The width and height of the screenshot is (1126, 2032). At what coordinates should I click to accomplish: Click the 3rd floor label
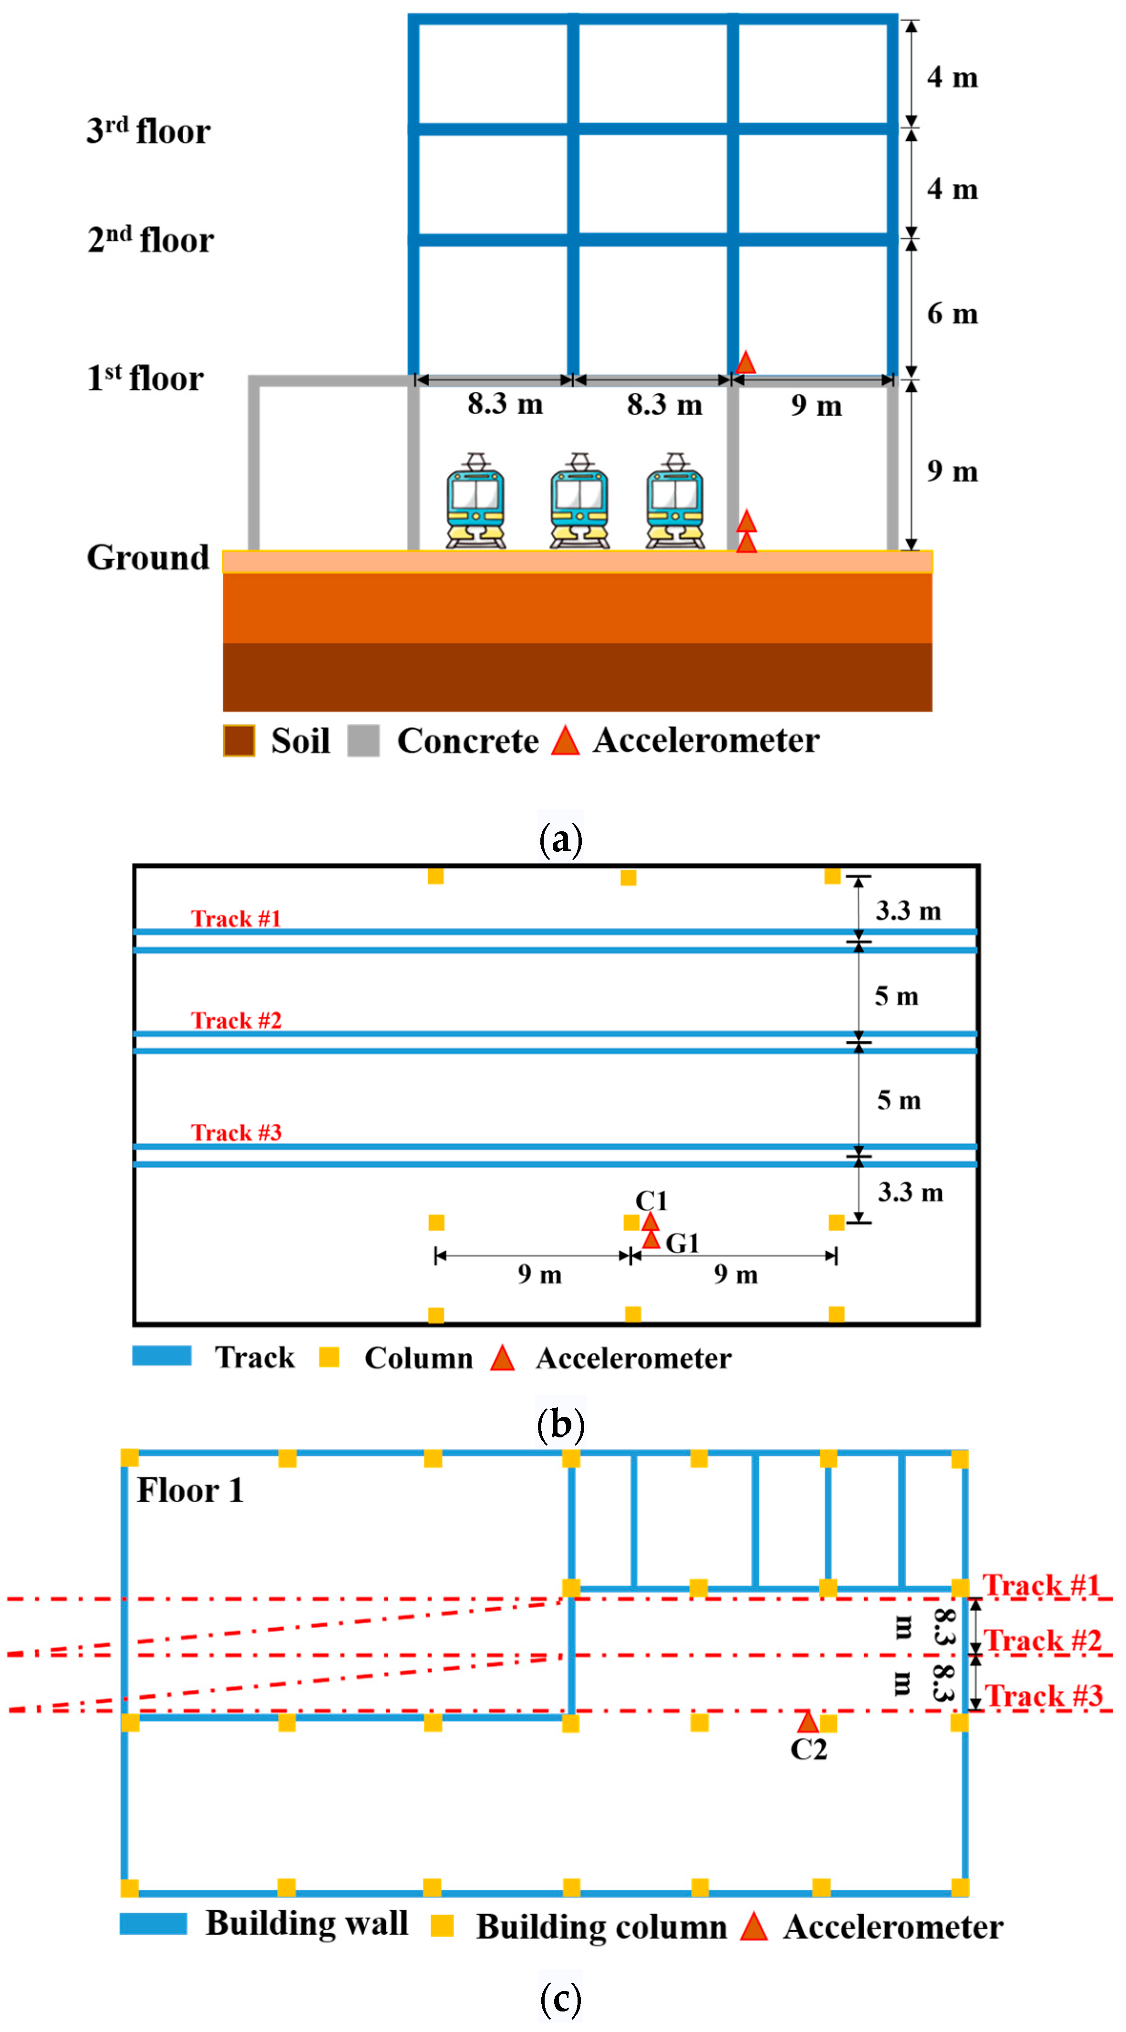(x=148, y=131)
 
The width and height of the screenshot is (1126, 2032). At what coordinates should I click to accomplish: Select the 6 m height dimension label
(x=952, y=314)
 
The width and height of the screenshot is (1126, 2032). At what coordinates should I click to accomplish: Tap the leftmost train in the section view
(x=475, y=502)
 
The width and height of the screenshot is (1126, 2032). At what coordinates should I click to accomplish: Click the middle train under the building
(x=579, y=502)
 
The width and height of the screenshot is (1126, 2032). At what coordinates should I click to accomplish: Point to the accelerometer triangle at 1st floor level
(x=745, y=363)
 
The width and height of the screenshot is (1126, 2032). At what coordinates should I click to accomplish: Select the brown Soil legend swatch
(x=239, y=741)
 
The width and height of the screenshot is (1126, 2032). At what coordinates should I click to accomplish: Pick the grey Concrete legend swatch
(x=363, y=741)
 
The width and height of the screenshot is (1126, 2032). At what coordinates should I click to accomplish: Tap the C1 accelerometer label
(x=651, y=1201)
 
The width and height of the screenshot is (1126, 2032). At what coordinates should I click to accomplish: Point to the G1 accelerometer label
(x=682, y=1243)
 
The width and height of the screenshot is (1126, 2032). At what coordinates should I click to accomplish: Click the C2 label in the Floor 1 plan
(x=808, y=1749)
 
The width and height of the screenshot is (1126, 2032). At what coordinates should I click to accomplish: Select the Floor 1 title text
(x=190, y=1490)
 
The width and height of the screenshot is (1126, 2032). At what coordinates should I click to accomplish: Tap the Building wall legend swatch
(x=153, y=1923)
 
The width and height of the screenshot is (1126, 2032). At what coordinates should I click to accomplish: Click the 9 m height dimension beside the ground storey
(x=952, y=471)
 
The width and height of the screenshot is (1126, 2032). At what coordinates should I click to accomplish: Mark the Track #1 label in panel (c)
(x=1041, y=1585)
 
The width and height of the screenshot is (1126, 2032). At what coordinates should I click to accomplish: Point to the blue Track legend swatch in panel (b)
(x=162, y=1355)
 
